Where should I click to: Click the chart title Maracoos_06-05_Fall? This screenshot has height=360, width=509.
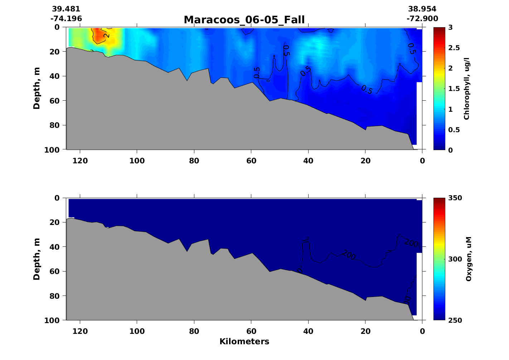(x=244, y=20)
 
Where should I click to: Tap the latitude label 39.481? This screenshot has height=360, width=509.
(x=66, y=9)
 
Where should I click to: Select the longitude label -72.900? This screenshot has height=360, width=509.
(x=422, y=19)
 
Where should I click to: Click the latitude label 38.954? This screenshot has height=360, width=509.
(x=422, y=9)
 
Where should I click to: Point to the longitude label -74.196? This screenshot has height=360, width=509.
(x=66, y=19)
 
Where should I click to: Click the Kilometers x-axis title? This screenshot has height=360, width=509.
(x=244, y=342)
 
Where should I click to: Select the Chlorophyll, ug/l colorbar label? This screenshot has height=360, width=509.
(x=466, y=88)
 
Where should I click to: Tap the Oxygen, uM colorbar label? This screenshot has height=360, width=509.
(x=469, y=259)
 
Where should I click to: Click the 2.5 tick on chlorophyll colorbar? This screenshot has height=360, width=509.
(x=455, y=48)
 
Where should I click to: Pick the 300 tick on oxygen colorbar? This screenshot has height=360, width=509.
(x=455, y=259)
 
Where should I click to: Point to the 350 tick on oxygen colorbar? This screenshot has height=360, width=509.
(x=455, y=198)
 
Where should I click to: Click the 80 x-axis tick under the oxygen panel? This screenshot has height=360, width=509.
(x=194, y=331)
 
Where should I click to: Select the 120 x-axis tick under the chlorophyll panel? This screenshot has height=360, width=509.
(x=80, y=161)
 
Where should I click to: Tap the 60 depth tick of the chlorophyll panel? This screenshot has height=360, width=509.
(x=55, y=101)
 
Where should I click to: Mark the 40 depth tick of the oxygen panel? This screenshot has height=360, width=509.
(x=55, y=247)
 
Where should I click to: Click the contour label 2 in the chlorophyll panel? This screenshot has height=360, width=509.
(x=107, y=35)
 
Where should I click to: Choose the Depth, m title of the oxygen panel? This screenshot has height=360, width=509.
(x=37, y=259)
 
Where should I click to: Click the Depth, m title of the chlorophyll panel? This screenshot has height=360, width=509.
(x=37, y=88)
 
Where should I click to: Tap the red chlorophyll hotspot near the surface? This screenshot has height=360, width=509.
(x=97, y=35)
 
